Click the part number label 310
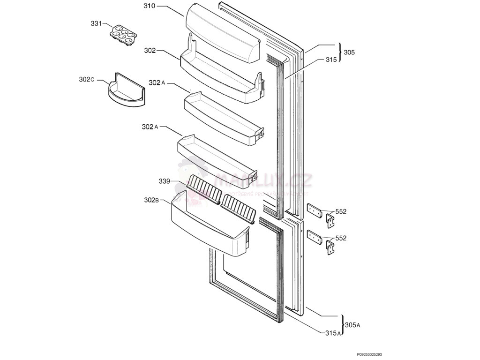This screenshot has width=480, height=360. point(149,7)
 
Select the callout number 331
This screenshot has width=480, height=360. point(96,23)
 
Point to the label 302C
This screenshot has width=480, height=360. point(87,80)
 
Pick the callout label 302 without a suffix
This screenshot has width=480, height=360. point(150,51)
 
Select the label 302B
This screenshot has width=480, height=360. point(151,200)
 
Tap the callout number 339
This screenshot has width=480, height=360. point(164,181)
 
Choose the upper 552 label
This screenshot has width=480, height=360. point(341,212)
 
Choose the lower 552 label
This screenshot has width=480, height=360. point(341,238)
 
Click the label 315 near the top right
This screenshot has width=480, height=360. point(331,60)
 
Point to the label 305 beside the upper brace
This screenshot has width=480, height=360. point(349,52)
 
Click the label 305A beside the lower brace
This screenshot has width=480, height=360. point(352,325)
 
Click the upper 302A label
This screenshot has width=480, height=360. point(157,83)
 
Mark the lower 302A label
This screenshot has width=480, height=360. point(150,127)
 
